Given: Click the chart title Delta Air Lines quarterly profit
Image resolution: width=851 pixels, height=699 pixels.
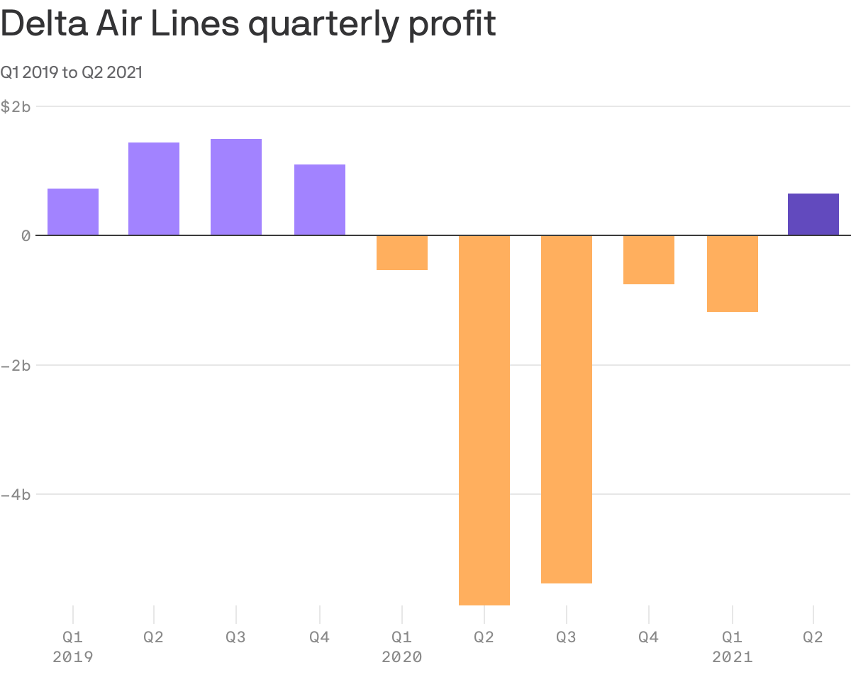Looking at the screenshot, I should (x=247, y=25).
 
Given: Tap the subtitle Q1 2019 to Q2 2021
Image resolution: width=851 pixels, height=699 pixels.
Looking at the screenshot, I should (x=71, y=72).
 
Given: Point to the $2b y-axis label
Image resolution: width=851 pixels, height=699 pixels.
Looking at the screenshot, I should (x=16, y=106).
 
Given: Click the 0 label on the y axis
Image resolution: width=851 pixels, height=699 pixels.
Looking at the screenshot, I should (x=26, y=235).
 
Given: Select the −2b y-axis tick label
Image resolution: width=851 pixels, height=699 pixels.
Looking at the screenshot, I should (x=16, y=365).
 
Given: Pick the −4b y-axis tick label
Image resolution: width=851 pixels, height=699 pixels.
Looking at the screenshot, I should (x=16, y=494).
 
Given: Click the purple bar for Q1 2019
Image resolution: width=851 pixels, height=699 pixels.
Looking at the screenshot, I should (x=73, y=212).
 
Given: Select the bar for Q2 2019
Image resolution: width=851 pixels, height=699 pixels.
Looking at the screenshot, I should (x=154, y=189).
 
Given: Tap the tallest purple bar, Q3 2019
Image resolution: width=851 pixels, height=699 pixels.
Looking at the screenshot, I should (x=236, y=187).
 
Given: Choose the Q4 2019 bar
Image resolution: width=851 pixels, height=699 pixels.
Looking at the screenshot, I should (x=320, y=200).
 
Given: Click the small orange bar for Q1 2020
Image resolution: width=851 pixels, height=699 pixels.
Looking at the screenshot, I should (x=402, y=252).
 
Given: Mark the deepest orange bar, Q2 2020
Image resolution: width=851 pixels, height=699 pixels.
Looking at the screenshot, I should (x=484, y=420).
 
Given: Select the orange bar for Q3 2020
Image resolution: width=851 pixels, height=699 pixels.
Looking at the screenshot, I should (x=567, y=409).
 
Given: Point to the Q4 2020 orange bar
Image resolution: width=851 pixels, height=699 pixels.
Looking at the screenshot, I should (x=649, y=259).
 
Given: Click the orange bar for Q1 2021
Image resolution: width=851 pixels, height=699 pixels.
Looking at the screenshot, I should (x=733, y=274).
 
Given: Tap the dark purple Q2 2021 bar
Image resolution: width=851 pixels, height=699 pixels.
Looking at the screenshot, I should (x=813, y=214).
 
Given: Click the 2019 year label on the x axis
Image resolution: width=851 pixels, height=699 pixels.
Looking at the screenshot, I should (x=73, y=657).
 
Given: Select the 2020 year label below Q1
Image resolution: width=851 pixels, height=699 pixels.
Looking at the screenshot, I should (x=402, y=657).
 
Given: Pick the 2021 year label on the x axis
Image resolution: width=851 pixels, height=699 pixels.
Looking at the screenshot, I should (x=733, y=657).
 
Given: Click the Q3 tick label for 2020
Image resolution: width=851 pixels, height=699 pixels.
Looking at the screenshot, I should (x=567, y=637).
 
